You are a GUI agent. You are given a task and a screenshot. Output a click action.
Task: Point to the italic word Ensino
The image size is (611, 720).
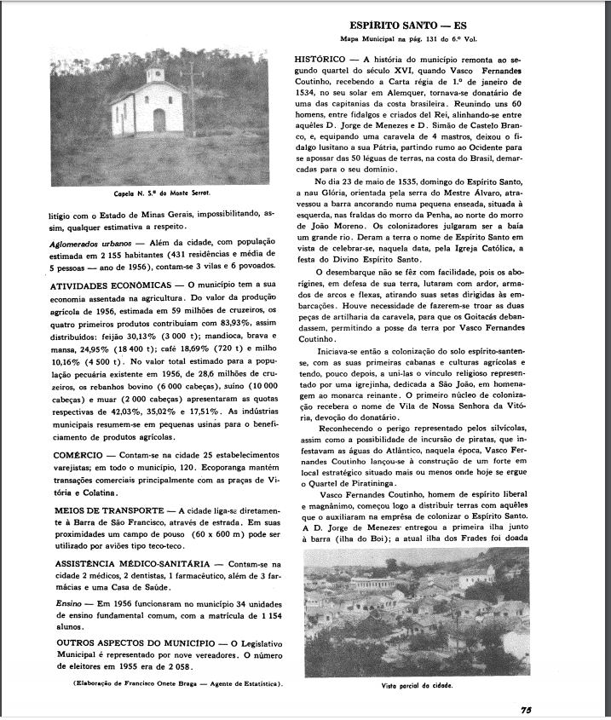pyautogui.click(x=40, y=603)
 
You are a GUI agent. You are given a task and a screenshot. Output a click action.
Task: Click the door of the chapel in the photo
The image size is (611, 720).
pyautogui.click(x=159, y=120)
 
